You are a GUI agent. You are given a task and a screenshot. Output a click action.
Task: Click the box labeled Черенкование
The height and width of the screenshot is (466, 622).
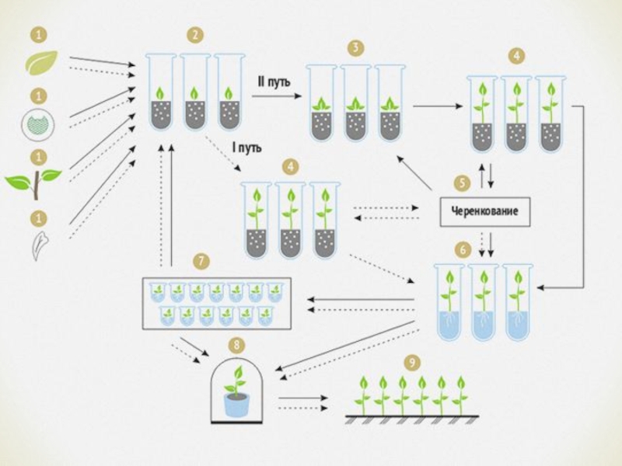pos(485,211)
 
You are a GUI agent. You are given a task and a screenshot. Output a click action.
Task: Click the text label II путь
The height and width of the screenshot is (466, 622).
pos(274,80)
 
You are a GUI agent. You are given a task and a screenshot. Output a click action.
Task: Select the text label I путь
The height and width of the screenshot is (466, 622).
pos(246,148)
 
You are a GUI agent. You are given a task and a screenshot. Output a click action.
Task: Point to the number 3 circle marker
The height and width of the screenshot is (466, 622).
pos(355,48)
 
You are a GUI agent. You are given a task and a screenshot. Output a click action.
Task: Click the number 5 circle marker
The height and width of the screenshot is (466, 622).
pos(463,183)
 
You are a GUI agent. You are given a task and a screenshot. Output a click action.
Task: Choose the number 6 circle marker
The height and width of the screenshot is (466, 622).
pos(463,249)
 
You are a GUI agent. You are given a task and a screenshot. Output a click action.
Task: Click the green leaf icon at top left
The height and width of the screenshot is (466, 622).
pos(40,61)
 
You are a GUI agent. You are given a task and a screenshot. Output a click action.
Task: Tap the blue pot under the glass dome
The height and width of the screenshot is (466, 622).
pos(235,405)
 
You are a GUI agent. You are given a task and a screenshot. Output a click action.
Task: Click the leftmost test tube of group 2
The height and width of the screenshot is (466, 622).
pos(161,92)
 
